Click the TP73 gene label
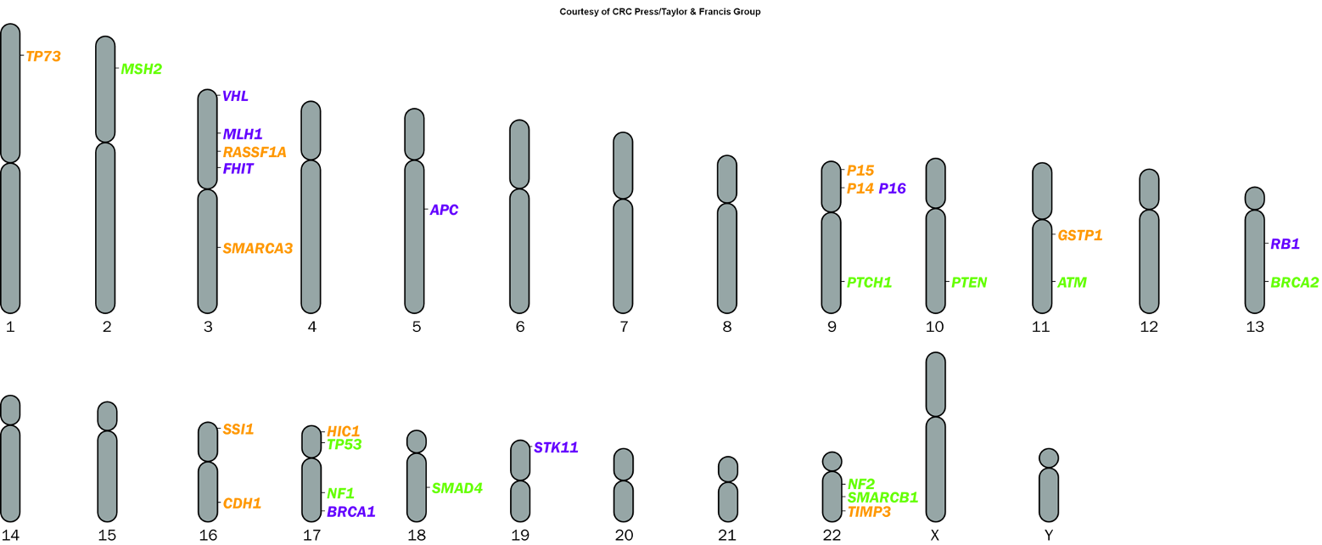(43, 56)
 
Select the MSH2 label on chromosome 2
(141, 69)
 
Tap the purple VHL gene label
(235, 96)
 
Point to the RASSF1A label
(255, 152)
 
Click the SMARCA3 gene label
(257, 249)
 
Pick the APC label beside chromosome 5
(444, 210)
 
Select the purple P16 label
(892, 188)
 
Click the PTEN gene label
(969, 283)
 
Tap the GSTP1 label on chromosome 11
(1079, 235)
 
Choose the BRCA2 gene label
(1294, 283)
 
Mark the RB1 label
(1285, 244)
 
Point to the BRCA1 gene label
(350, 512)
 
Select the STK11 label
(556, 447)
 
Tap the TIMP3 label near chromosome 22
(869, 512)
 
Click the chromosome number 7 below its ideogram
(624, 327)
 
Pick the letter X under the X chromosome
(934, 535)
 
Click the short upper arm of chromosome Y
(1049, 458)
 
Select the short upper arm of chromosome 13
(1255, 198)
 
